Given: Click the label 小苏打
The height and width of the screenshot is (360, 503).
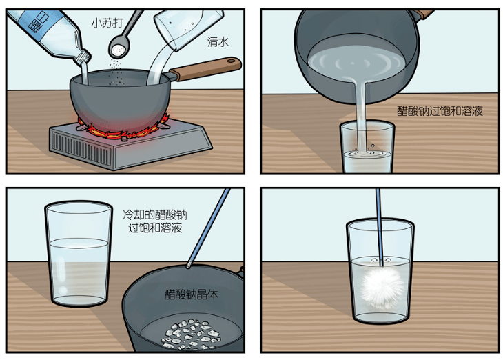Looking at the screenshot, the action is click(107, 23).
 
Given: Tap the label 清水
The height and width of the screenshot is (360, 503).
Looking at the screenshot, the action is click(218, 41).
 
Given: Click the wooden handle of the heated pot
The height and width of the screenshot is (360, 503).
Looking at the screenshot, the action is click(205, 68).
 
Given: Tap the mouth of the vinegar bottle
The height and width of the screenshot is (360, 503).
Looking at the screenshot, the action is click(84, 58).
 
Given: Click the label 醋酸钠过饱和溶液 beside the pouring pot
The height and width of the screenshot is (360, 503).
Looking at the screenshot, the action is click(440, 111).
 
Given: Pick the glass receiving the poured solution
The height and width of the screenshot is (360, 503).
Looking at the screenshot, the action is click(367, 148).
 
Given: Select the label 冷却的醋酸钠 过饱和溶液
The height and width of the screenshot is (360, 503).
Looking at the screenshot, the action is click(155, 221).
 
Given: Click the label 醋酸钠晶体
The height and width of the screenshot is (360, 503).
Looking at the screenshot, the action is click(191, 294).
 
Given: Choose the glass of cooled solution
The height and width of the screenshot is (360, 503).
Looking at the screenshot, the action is click(79, 254).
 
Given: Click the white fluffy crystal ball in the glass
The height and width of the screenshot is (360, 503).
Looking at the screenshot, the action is click(382, 286).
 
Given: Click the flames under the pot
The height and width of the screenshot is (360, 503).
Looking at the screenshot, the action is click(123, 128).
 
